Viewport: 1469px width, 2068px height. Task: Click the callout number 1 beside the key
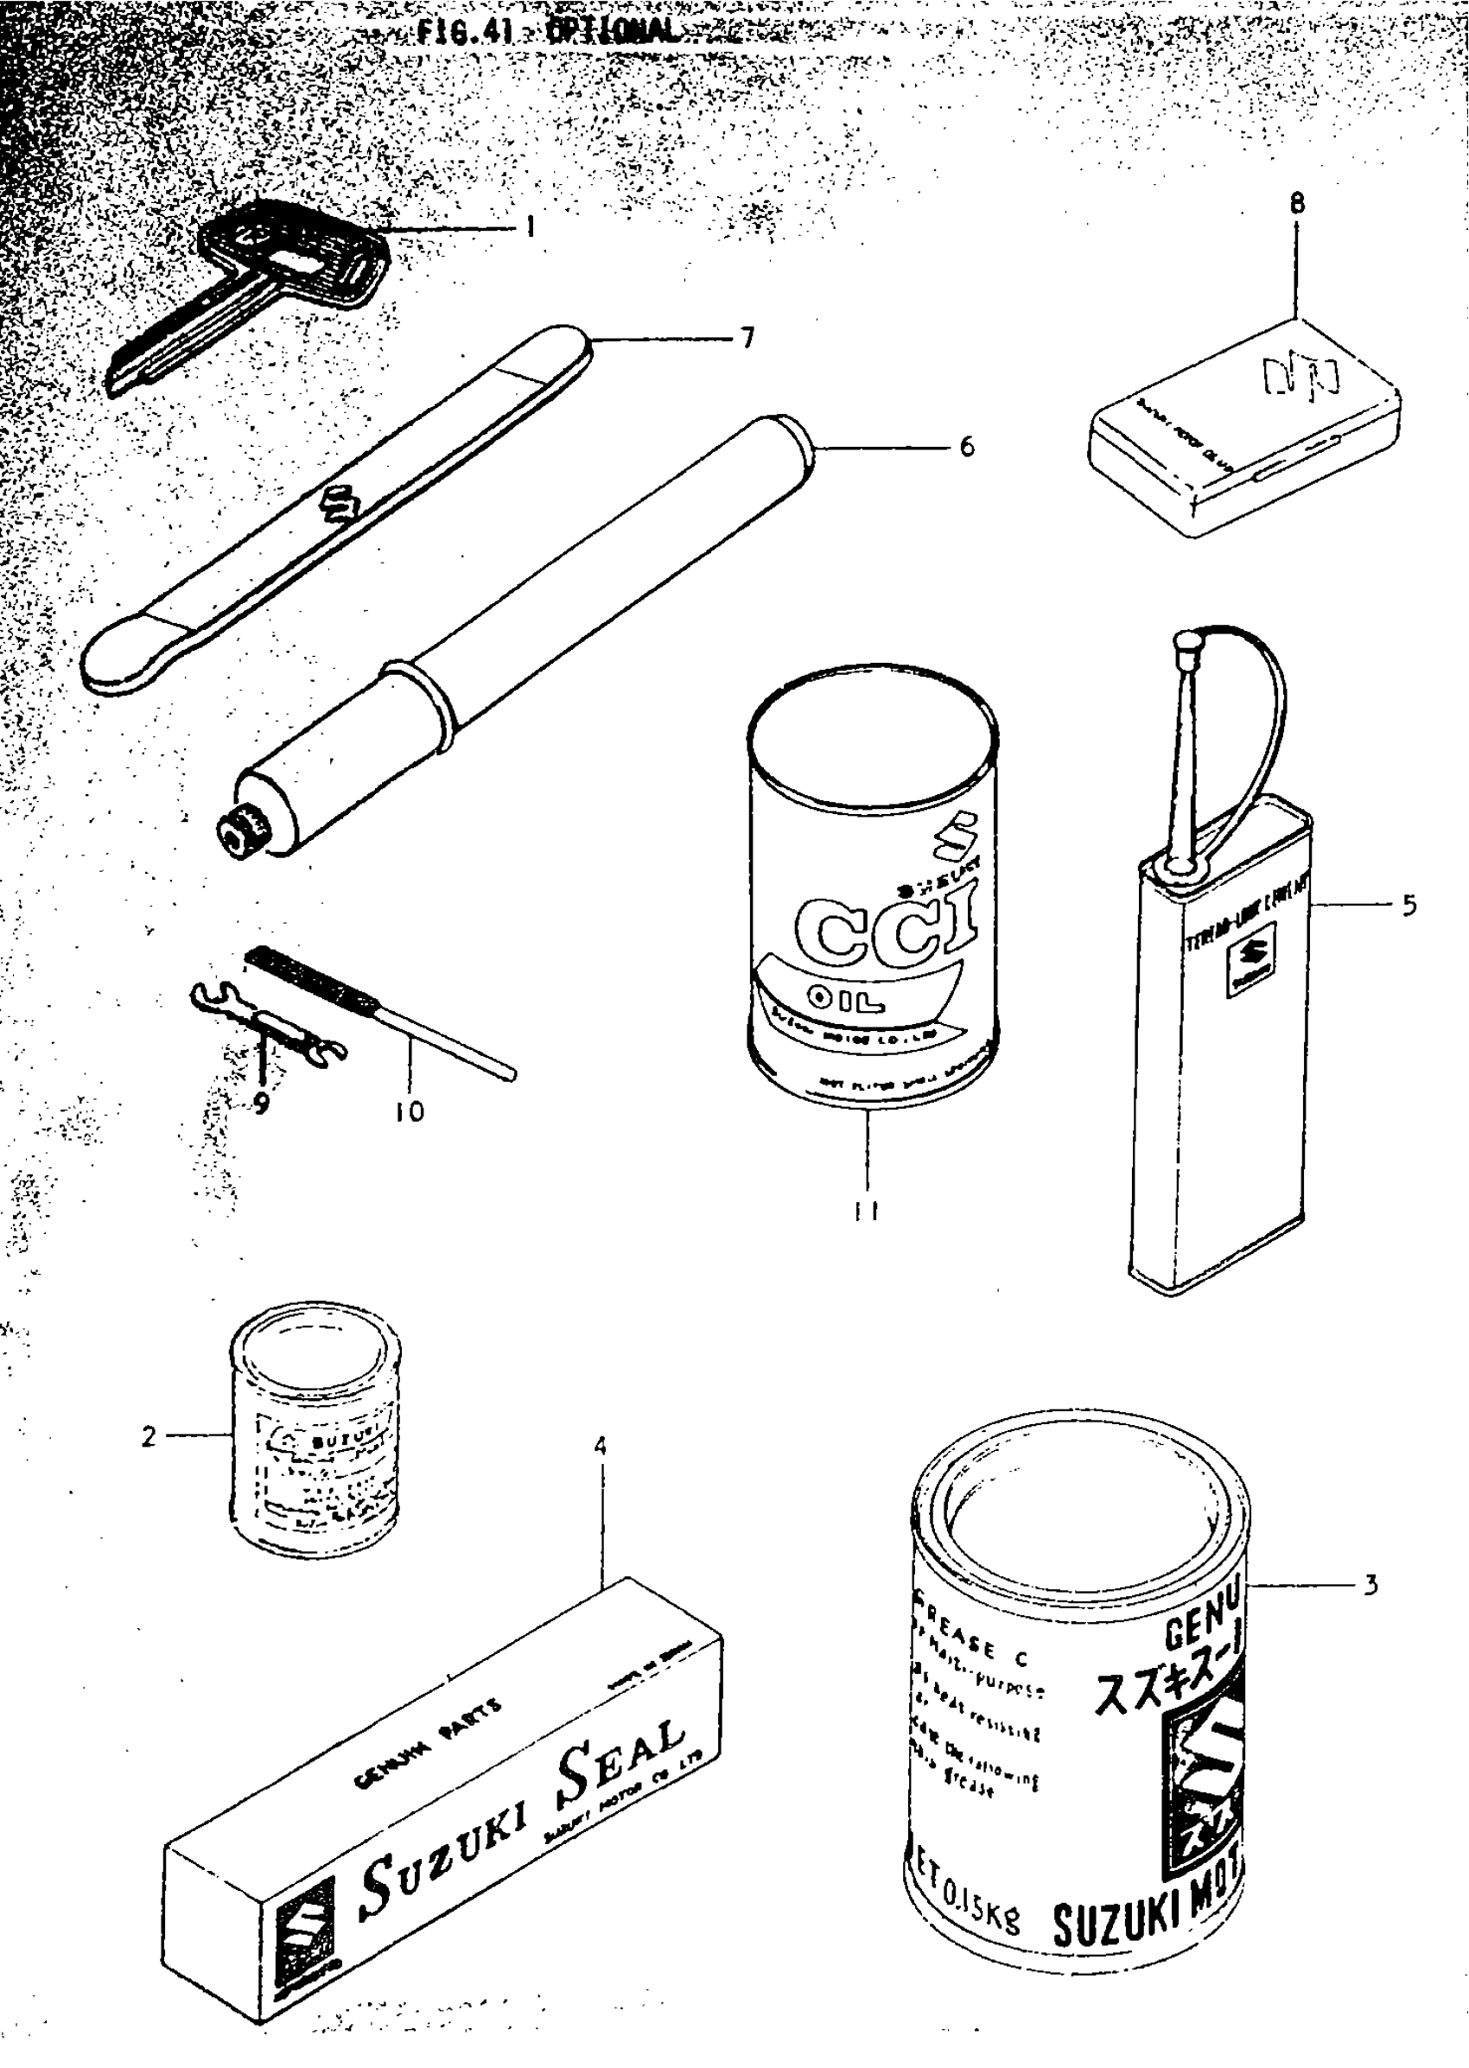[x=530, y=226]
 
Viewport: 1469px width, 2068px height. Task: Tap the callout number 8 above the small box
[x=1297, y=205]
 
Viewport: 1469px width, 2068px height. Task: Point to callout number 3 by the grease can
[x=1370, y=1585]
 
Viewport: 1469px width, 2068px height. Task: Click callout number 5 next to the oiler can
[x=1409, y=905]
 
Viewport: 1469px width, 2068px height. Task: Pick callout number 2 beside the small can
[x=149, y=1435]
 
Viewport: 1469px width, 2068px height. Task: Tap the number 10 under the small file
[x=409, y=1110]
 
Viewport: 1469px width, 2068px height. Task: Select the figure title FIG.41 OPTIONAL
[x=547, y=32]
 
